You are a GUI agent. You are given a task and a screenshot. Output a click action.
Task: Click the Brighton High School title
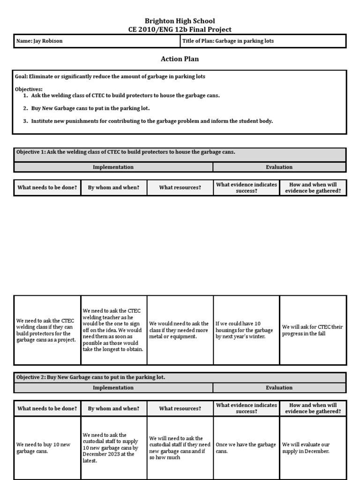[180, 21]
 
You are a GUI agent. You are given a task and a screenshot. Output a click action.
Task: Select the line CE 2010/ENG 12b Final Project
[180, 30]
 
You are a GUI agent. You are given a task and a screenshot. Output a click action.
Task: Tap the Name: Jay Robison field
[96, 41]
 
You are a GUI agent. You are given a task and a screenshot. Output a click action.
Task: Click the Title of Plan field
[263, 41]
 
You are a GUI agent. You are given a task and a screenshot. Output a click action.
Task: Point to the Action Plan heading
[180, 59]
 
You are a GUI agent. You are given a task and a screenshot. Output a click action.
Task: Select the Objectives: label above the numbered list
[29, 89]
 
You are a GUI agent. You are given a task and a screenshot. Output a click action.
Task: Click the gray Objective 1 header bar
[180, 153]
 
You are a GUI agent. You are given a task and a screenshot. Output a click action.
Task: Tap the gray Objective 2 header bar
[180, 377]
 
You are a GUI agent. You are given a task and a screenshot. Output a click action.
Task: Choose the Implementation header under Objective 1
[113, 167]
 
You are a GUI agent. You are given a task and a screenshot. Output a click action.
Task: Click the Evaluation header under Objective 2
[279, 388]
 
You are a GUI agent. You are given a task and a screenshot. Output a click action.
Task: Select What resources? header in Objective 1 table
[180, 187]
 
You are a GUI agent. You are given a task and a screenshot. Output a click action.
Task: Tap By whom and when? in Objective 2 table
[113, 408]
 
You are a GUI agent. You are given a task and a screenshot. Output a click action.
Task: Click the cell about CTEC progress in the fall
[313, 330]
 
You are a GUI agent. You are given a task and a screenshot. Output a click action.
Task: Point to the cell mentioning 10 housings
[246, 330]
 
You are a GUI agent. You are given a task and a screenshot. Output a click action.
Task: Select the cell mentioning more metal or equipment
[180, 330]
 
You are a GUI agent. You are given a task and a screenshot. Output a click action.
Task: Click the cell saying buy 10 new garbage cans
[47, 448]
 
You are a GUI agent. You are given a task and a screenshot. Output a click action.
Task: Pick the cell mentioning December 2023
[113, 448]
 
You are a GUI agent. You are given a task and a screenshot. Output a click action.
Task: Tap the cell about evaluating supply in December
[313, 448]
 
